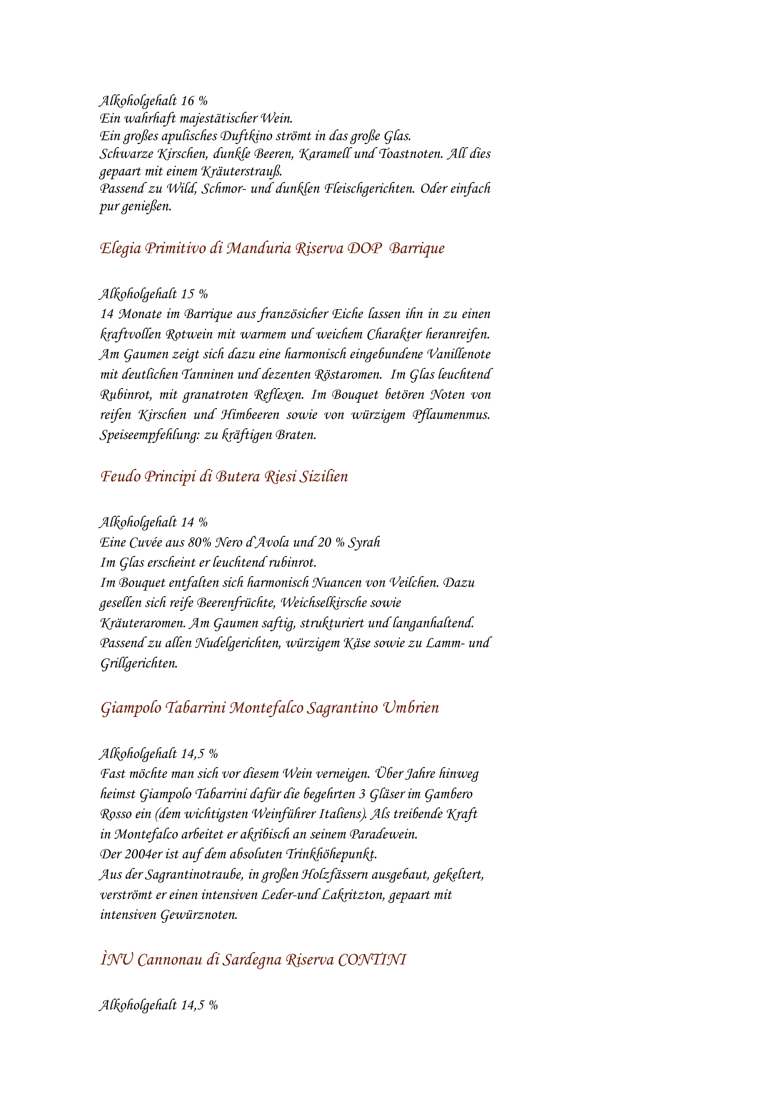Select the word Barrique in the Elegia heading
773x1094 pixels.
417,249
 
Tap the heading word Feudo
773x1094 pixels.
121,477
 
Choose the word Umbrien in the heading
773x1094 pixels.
411,708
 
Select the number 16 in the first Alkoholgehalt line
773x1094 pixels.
188,101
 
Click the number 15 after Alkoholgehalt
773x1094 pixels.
188,295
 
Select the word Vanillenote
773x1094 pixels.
458,355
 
